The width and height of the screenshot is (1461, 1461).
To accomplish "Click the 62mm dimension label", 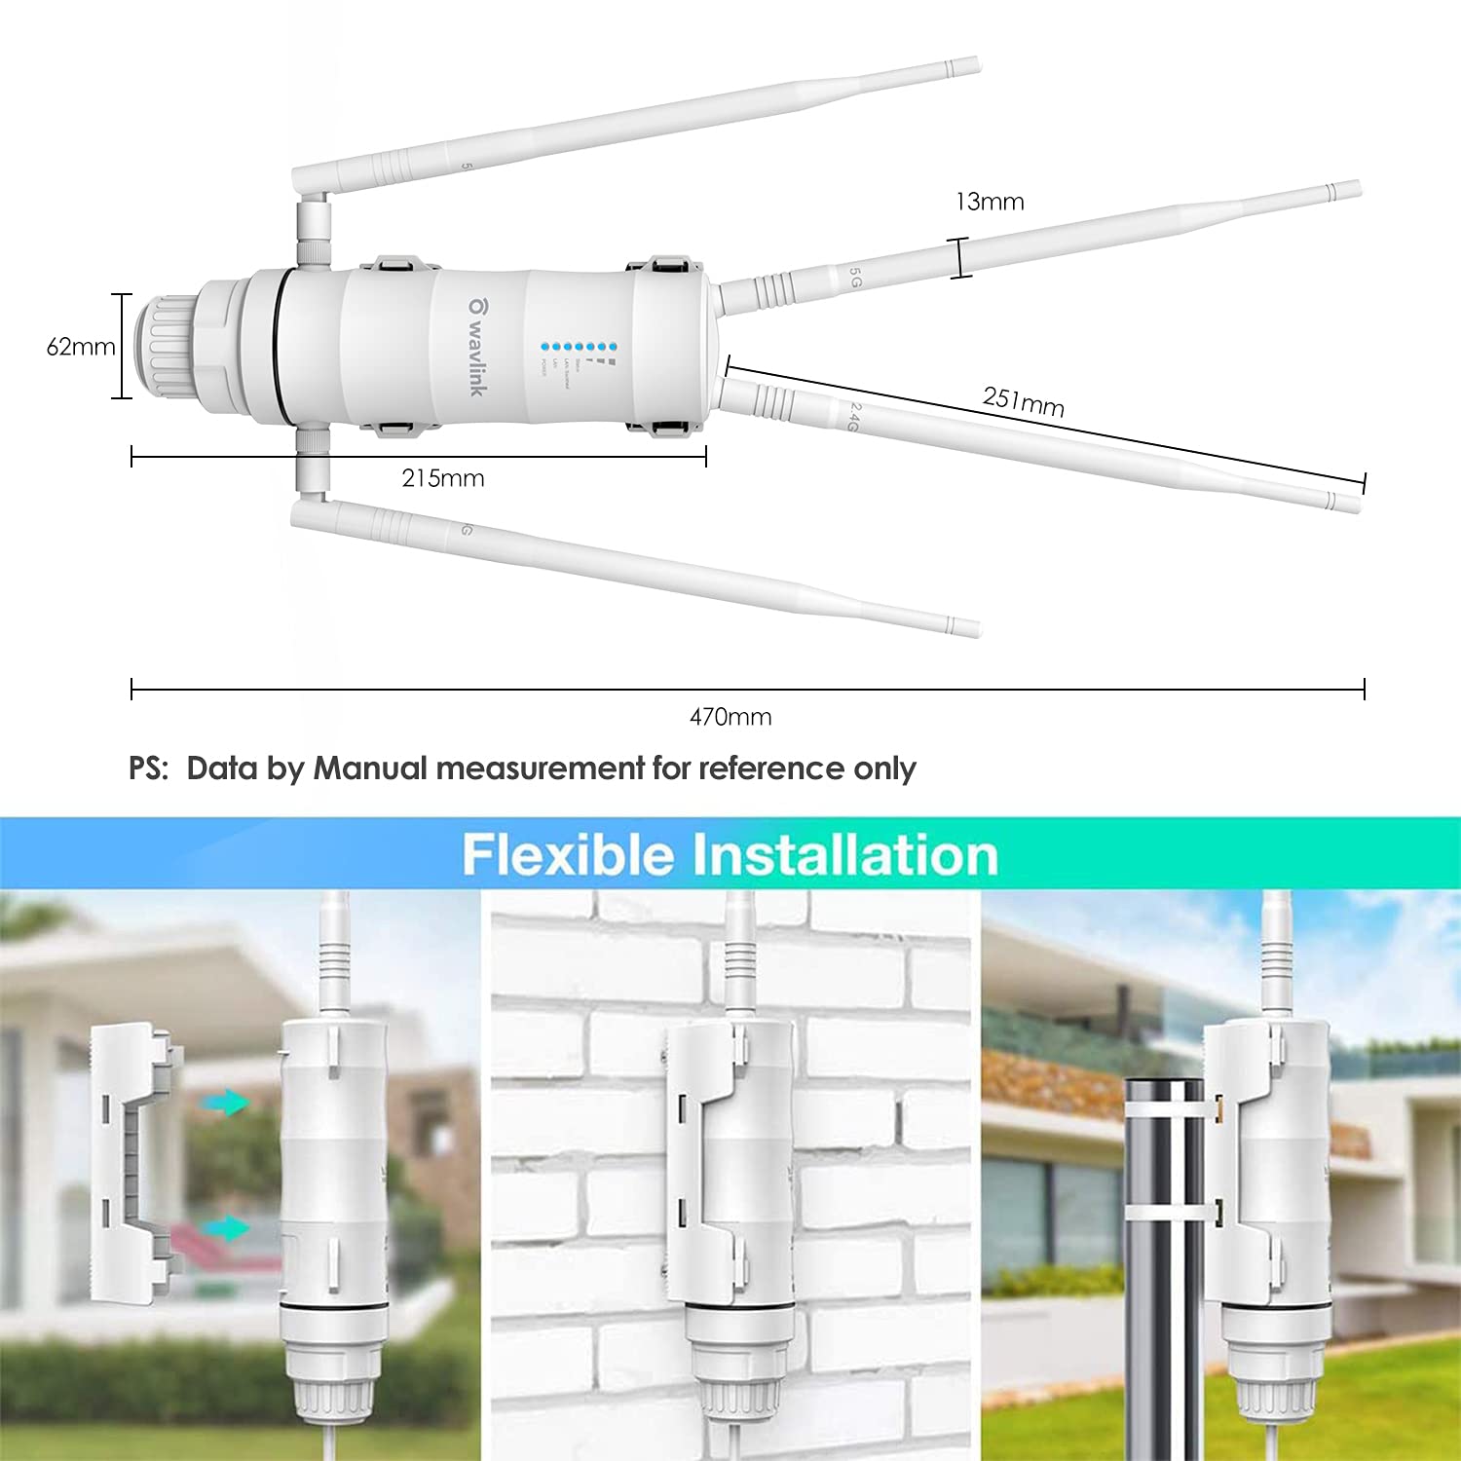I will pos(81,347).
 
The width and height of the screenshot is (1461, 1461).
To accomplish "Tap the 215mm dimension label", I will pos(443,478).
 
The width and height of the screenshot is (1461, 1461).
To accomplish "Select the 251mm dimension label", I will pos(1023,401).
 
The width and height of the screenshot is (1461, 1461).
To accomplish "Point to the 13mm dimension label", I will pos(990,202).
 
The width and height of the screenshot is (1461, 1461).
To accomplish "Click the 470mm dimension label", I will pos(730,717).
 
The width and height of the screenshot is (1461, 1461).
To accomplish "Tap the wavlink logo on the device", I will pos(475,346).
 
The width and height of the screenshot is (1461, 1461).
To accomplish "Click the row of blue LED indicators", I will pos(580,346).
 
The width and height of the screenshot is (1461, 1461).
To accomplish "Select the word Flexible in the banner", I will pos(568,855).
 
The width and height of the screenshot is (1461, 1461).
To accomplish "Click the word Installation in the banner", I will pos(845,855).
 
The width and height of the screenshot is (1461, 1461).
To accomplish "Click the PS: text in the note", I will pos(149,768).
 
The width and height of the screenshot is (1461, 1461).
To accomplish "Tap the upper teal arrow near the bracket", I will pos(227,1103).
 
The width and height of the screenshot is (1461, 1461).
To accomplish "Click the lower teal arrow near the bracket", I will pos(227,1228).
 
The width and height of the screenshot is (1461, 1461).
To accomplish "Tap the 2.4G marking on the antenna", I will pos(852,418).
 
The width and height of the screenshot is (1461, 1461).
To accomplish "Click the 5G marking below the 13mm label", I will pos(855,279).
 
